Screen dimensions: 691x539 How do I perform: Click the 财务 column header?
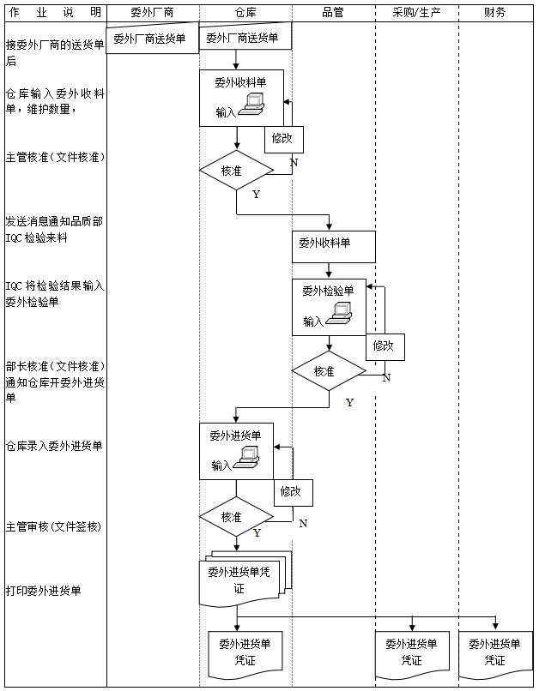(494, 13)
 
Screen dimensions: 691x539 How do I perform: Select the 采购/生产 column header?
(415, 13)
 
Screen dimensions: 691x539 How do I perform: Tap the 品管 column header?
(333, 13)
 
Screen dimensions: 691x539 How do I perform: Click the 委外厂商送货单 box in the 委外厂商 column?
(150, 39)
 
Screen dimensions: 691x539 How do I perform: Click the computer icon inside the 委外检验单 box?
(340, 315)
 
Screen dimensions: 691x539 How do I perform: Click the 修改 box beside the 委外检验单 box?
(384, 346)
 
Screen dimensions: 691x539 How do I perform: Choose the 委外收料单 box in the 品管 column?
(333, 244)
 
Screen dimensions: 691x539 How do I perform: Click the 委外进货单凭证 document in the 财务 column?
(495, 653)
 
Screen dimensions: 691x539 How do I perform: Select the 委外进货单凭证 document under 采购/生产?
(411, 653)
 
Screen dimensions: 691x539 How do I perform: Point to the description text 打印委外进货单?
(44, 592)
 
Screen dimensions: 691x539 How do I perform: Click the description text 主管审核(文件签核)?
(53, 526)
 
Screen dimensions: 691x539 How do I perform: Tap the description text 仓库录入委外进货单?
(54, 446)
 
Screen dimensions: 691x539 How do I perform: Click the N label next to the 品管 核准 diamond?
(386, 377)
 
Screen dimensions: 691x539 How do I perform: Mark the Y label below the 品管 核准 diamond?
(349, 402)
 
